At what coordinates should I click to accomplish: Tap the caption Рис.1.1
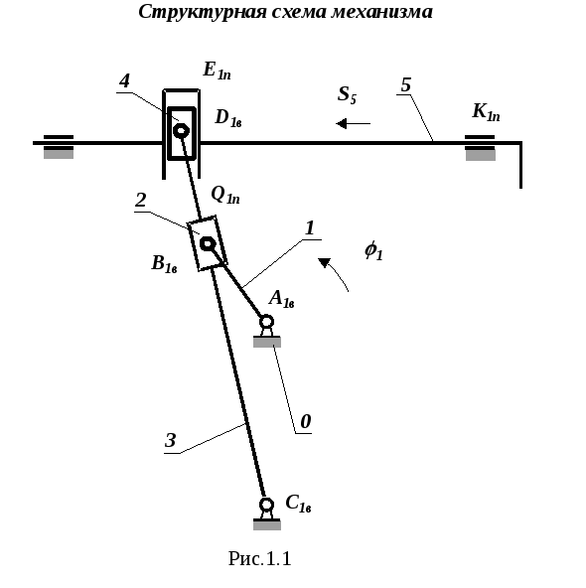click(x=259, y=558)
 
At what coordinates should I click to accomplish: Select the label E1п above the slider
click(x=217, y=71)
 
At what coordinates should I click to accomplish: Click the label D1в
click(x=228, y=118)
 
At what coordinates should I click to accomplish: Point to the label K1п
click(x=486, y=112)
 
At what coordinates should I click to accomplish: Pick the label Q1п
click(x=224, y=195)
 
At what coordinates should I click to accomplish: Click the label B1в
click(x=164, y=263)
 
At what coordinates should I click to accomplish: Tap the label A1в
click(x=281, y=299)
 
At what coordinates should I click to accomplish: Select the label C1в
click(x=298, y=503)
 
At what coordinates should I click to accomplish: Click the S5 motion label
click(x=347, y=94)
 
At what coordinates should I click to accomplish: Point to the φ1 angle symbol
click(x=373, y=250)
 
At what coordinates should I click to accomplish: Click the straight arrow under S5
click(x=354, y=123)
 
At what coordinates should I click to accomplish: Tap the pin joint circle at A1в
click(x=266, y=322)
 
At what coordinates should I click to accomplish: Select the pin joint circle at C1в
click(x=266, y=505)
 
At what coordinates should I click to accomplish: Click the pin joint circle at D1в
click(x=181, y=131)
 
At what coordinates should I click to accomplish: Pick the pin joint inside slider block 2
click(x=208, y=243)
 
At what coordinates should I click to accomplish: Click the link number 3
click(x=170, y=441)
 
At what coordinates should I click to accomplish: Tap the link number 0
click(x=306, y=421)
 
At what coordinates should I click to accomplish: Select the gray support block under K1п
click(x=481, y=155)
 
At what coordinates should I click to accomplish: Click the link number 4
click(x=124, y=81)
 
